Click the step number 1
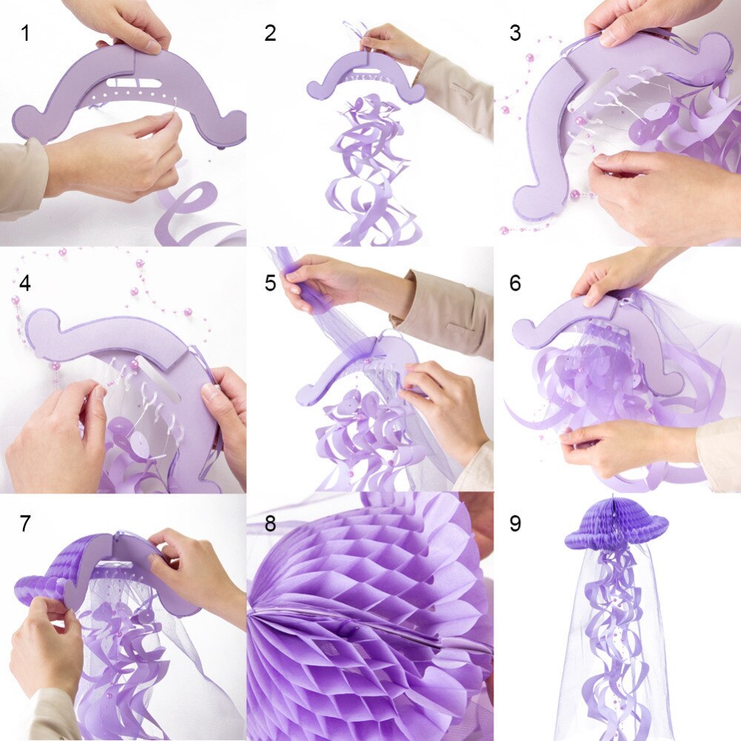[x=26, y=33]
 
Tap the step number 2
[x=270, y=33]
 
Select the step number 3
[x=515, y=33]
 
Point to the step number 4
[x=26, y=283]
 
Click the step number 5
[x=270, y=283]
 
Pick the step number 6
[x=515, y=283]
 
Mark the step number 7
[x=26, y=523]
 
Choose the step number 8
[x=270, y=523]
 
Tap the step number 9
[x=515, y=523]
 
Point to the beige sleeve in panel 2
[x=456, y=93]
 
